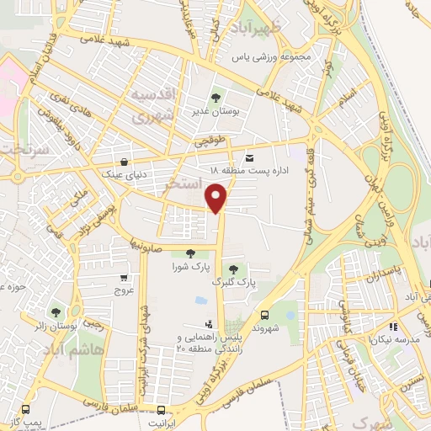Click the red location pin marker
(217, 195)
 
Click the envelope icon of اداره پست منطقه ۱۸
(248, 157)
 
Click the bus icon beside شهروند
(264, 311)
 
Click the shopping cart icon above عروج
(124, 277)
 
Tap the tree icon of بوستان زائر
(56, 311)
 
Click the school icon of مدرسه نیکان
(392, 326)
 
